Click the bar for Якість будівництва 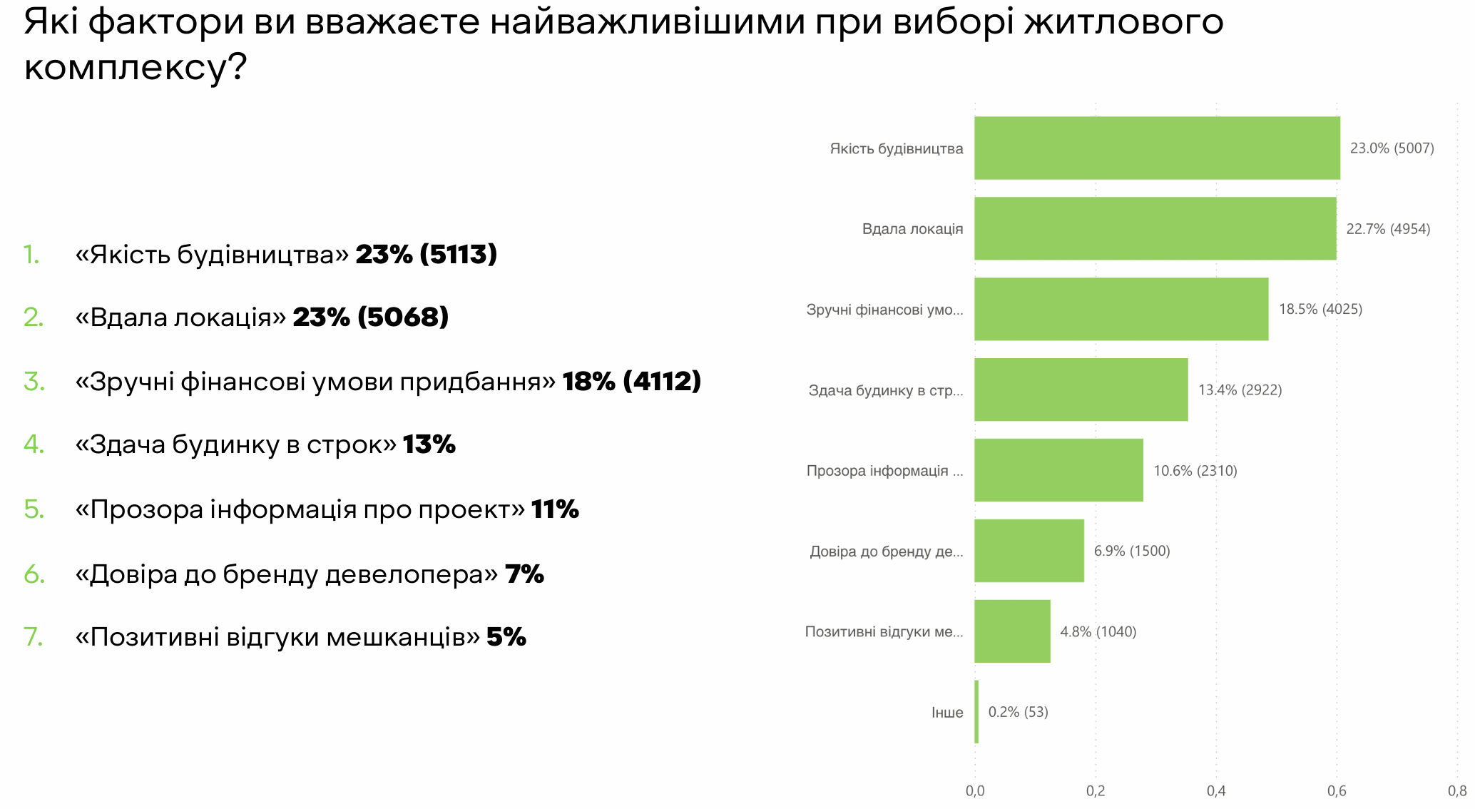point(1157,148)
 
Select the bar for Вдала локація point(1155,228)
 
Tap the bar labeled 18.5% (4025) point(1121,309)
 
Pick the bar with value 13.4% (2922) point(1081,390)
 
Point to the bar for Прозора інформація point(1058,470)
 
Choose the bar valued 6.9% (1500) point(1029,551)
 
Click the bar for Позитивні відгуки point(1012,631)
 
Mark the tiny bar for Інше point(976,712)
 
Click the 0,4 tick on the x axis point(1216,790)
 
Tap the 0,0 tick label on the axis point(975,790)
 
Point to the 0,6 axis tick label point(1337,790)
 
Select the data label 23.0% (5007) point(1392,148)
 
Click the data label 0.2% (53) point(1018,712)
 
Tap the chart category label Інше point(947,712)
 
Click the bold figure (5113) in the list point(459,254)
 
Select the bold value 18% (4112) point(632,381)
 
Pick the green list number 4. point(34,444)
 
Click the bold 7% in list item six point(524,574)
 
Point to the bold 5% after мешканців point(506,636)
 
